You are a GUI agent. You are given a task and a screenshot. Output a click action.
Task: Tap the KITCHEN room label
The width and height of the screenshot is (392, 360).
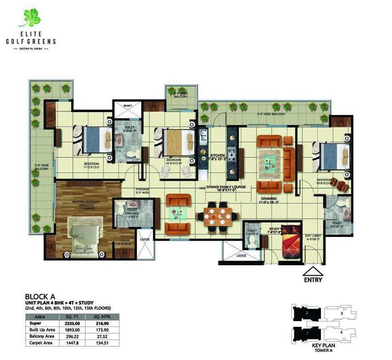tap(217, 156)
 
